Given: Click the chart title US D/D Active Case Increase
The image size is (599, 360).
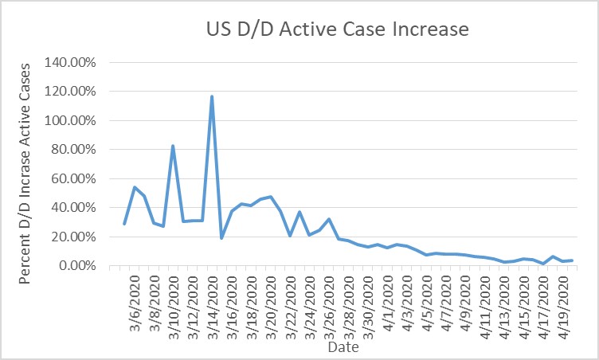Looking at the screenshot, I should [334, 30].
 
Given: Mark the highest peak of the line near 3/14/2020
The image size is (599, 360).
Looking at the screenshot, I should [212, 96].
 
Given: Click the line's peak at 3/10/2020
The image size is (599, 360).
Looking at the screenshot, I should [173, 146].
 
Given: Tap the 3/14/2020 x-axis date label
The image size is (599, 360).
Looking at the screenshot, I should [212, 301].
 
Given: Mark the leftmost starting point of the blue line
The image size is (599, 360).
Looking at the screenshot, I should [124, 224].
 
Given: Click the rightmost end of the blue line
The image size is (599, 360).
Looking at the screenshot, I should [573, 260].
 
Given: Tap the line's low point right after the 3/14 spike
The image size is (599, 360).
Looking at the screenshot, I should [221, 238].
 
